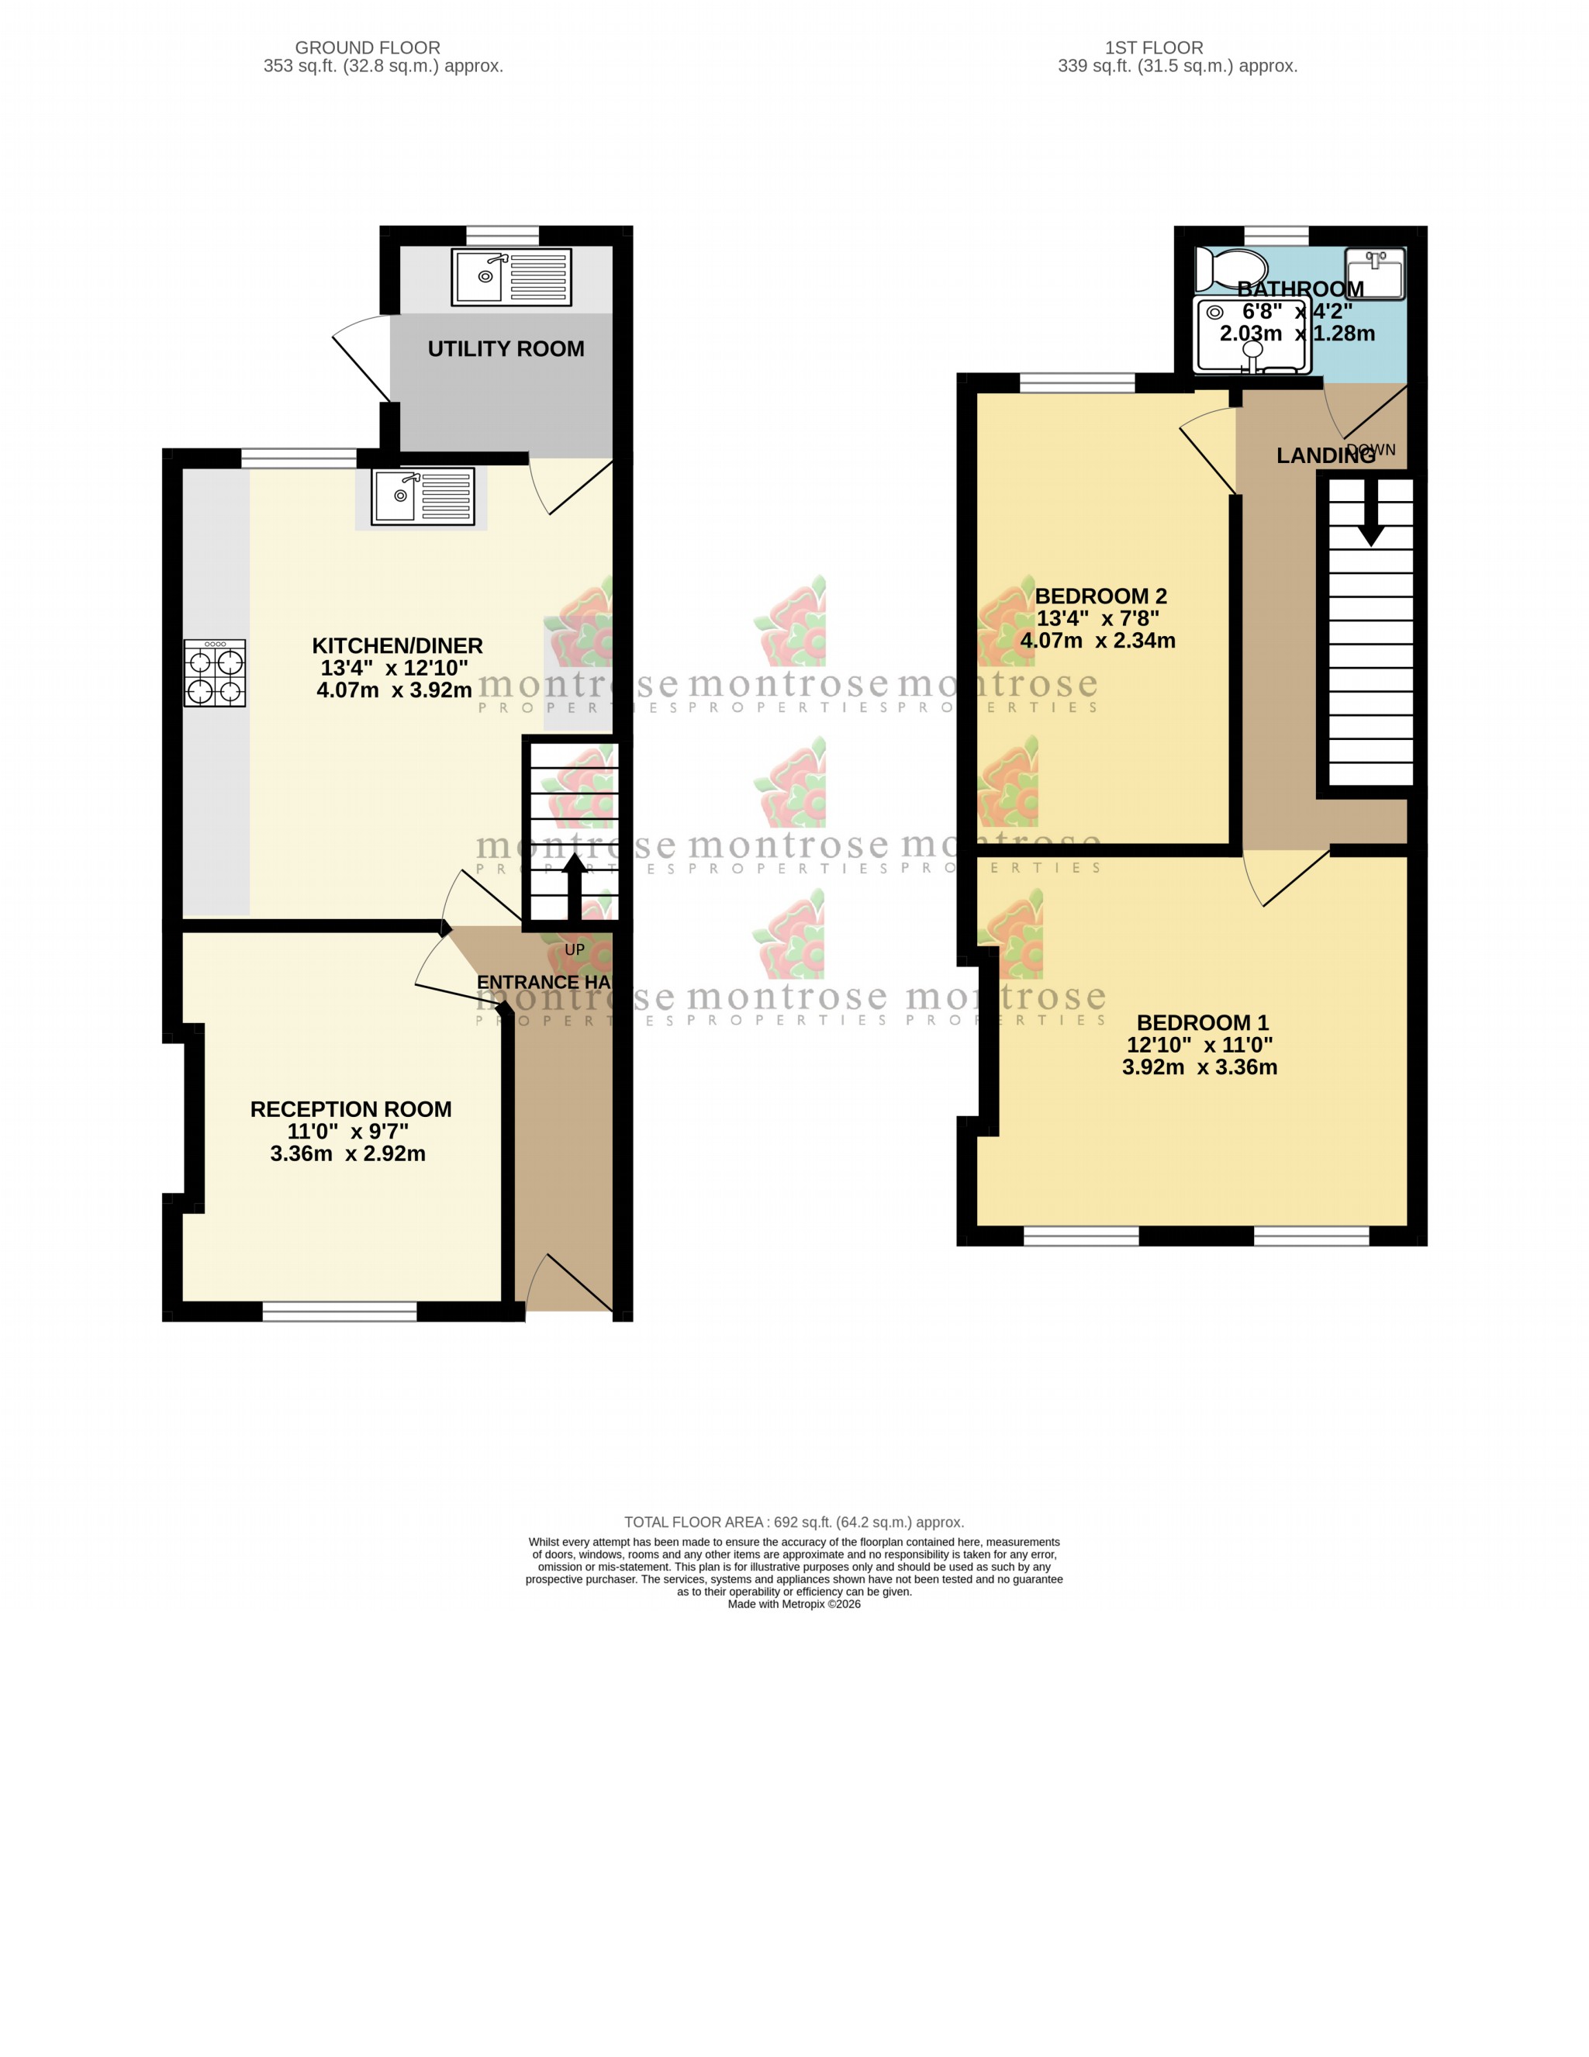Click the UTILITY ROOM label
click(x=506, y=348)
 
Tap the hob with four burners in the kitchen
click(x=215, y=672)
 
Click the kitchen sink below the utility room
click(x=422, y=496)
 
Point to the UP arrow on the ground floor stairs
click(x=574, y=885)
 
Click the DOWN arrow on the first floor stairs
click(x=1370, y=513)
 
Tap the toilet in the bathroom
click(x=1230, y=269)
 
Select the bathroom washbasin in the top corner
click(x=1375, y=272)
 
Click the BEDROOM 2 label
click(x=1100, y=596)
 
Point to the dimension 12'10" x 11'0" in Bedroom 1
click(x=1199, y=1045)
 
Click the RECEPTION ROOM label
click(x=351, y=1108)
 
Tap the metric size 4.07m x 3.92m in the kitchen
click(x=394, y=690)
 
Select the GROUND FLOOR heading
click(x=368, y=47)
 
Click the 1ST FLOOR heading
click(x=1154, y=47)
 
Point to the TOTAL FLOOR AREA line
click(x=794, y=1522)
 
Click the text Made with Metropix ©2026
click(x=794, y=1604)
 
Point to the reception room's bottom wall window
click(x=339, y=1311)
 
